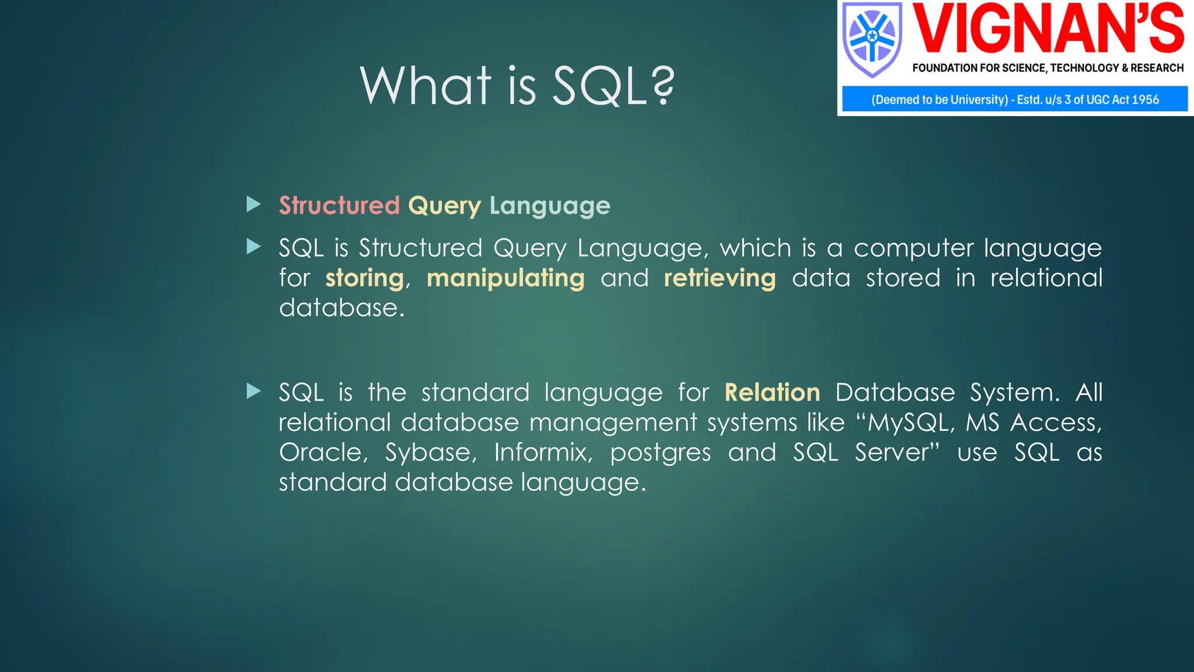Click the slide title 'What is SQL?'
517,86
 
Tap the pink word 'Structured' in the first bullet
339,205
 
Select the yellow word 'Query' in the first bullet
444,206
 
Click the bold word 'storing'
364,278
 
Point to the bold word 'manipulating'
505,278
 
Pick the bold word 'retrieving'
719,278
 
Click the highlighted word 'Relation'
772,393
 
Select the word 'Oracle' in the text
321,453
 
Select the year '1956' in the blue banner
1145,100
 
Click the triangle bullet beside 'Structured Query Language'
253,204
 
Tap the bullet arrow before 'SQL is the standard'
253,391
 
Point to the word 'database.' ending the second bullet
341,308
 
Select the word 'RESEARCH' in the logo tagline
1157,68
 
